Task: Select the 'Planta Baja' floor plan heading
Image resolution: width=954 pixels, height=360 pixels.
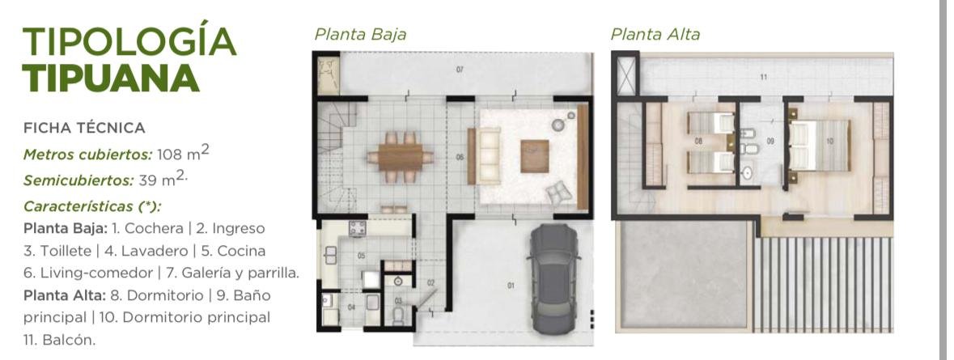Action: [x=360, y=34]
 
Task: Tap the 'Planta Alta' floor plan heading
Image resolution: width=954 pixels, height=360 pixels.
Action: [x=655, y=34]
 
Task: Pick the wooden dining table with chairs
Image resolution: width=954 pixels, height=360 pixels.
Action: [x=401, y=158]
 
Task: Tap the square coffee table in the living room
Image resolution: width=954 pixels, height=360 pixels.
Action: [x=535, y=156]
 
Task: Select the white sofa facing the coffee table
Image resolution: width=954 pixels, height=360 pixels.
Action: [x=489, y=155]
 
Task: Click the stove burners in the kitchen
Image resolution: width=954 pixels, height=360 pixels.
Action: [x=357, y=228]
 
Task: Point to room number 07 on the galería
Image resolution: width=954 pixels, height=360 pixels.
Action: [x=460, y=70]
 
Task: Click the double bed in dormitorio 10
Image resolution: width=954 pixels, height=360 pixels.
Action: [x=820, y=146]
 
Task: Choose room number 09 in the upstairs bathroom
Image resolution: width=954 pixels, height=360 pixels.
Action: [x=770, y=141]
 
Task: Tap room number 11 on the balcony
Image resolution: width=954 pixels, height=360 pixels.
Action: [x=764, y=77]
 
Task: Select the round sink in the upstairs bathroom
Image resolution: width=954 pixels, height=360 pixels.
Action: [x=747, y=173]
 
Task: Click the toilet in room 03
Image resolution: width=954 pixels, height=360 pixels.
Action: [x=399, y=315]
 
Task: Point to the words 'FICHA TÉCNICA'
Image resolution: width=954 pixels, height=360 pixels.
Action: [x=84, y=128]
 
